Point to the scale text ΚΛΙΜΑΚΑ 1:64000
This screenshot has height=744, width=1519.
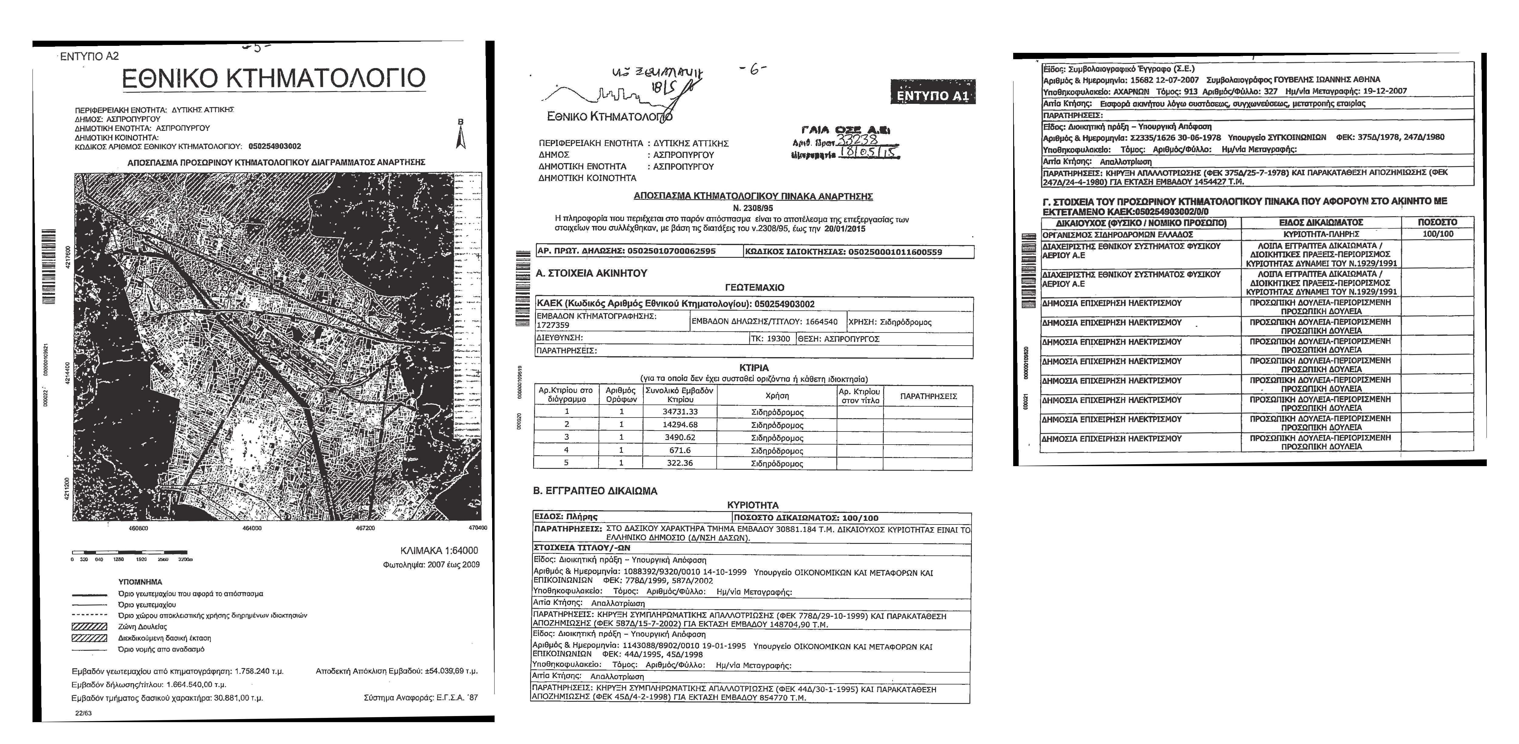pos(439,551)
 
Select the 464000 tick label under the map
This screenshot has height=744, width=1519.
pos(252,528)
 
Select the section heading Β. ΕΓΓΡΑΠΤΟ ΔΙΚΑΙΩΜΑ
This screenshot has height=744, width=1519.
pos(595,491)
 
